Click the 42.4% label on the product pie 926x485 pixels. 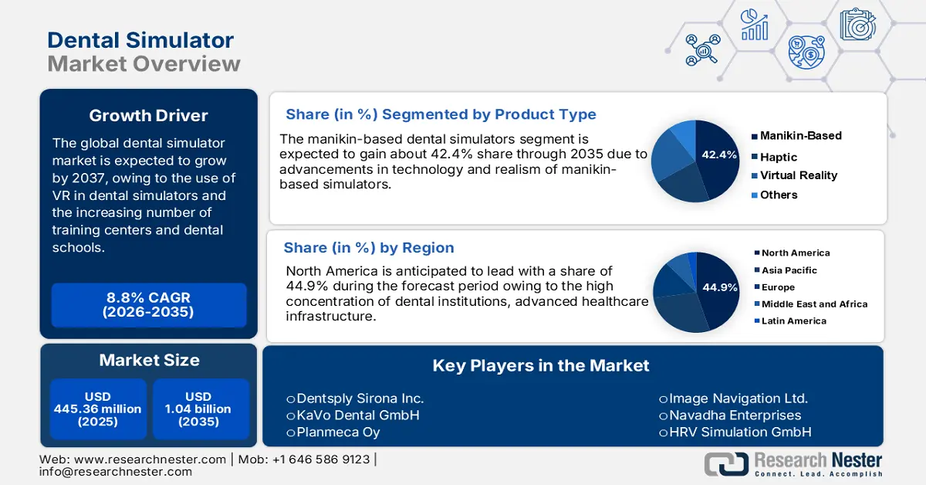tap(719, 154)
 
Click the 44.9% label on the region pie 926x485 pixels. tap(719, 287)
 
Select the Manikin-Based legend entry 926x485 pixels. tap(800, 136)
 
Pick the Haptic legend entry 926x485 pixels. tap(778, 157)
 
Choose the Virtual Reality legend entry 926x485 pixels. tap(798, 175)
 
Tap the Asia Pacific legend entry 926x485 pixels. tap(789, 270)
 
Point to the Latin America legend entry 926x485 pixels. tap(793, 321)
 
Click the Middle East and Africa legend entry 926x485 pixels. tap(814, 304)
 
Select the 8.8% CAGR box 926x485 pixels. tap(148, 305)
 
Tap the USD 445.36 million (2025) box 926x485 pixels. tap(98, 409)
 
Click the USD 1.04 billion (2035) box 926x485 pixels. tap(198, 409)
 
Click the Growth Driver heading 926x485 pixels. tap(148, 116)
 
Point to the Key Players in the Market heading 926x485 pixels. tap(541, 365)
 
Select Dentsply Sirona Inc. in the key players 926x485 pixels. tap(360, 399)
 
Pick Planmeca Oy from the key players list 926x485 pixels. tap(338, 432)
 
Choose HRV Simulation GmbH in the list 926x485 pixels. tap(739, 432)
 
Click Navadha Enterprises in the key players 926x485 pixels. tap(735, 415)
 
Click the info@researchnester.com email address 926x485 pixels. tap(116, 472)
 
